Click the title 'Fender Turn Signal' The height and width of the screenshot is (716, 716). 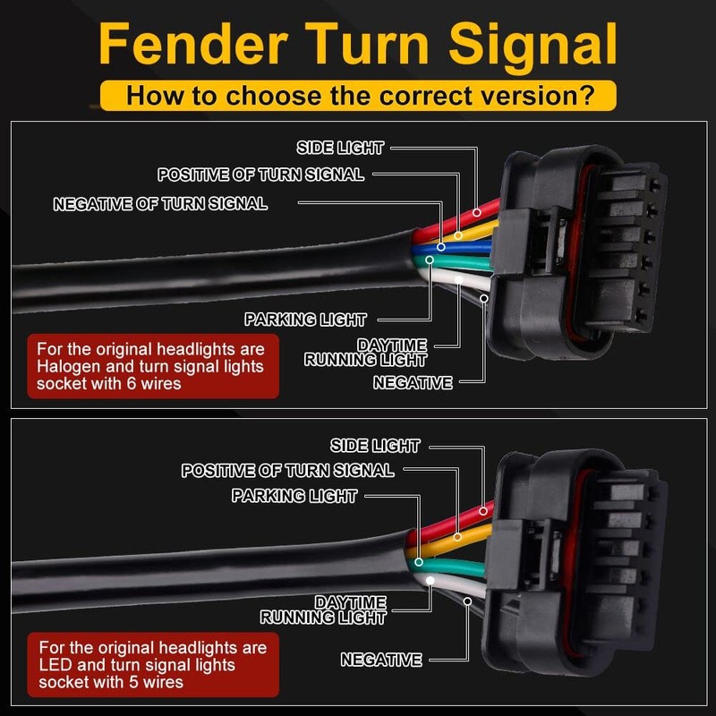pyautogui.click(x=358, y=43)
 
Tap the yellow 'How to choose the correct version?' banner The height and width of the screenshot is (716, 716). pyautogui.click(x=358, y=95)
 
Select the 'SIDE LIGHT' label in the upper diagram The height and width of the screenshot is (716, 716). pyautogui.click(x=340, y=148)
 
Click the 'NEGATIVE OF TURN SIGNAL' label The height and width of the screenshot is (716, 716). pyautogui.click(x=160, y=204)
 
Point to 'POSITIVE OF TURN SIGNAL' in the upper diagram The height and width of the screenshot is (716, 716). pyautogui.click(x=260, y=175)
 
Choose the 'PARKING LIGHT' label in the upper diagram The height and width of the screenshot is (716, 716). pyautogui.click(x=305, y=320)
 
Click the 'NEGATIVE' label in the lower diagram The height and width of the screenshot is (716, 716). pyautogui.click(x=380, y=661)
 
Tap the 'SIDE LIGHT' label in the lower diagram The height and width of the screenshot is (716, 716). pyautogui.click(x=375, y=446)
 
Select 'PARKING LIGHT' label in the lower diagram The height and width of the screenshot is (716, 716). pyautogui.click(x=294, y=496)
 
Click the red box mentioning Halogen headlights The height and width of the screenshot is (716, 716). pyautogui.click(x=152, y=365)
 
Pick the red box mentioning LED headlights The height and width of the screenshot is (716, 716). pyautogui.click(x=152, y=663)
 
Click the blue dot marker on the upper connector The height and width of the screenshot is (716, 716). pyautogui.click(x=440, y=245)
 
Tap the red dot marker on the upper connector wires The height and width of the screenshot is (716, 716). pyautogui.click(x=477, y=213)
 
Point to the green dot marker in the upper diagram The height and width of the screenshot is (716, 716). pyautogui.click(x=430, y=260)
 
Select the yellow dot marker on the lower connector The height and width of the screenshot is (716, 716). pyautogui.click(x=456, y=539)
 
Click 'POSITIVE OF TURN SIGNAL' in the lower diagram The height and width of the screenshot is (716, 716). pyautogui.click(x=287, y=470)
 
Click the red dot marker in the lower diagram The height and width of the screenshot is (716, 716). pyautogui.click(x=484, y=510)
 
